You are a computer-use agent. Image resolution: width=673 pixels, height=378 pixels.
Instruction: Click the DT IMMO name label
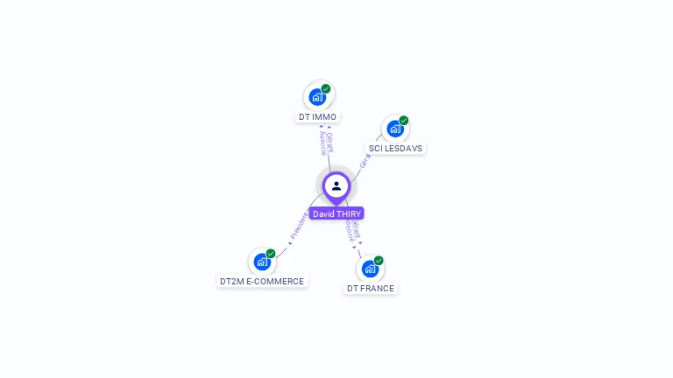pos(317,116)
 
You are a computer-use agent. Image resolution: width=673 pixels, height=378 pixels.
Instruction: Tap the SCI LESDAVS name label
pos(395,148)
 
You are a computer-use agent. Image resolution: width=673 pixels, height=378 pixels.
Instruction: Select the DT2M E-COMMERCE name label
pos(262,281)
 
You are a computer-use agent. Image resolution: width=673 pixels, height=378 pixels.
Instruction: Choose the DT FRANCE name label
pos(370,288)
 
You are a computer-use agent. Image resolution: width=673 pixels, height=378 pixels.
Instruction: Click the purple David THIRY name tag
pos(336,213)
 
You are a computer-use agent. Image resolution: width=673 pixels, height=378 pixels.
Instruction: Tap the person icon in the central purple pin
pos(336,185)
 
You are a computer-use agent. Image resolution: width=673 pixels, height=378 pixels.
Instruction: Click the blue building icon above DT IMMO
pos(317,96)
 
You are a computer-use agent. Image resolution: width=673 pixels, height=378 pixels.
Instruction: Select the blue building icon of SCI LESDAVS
pos(394,129)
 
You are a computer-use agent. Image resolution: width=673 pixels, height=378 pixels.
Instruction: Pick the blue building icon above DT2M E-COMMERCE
pos(261,261)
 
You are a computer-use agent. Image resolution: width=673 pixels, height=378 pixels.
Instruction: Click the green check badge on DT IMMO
pos(326,88)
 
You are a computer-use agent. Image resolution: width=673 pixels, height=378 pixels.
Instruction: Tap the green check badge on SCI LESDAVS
pos(404,120)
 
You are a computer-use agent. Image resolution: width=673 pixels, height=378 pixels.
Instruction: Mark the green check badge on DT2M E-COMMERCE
pos(271,253)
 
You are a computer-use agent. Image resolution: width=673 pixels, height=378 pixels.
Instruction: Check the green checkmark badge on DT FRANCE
pos(379,260)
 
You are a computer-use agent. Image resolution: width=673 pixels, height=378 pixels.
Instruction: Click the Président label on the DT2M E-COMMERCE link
pos(300,226)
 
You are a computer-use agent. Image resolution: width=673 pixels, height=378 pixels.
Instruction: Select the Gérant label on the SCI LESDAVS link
pos(365,159)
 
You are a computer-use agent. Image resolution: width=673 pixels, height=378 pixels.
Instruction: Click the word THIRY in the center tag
pos(348,213)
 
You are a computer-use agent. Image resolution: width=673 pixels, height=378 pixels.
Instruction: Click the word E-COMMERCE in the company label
pos(275,281)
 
